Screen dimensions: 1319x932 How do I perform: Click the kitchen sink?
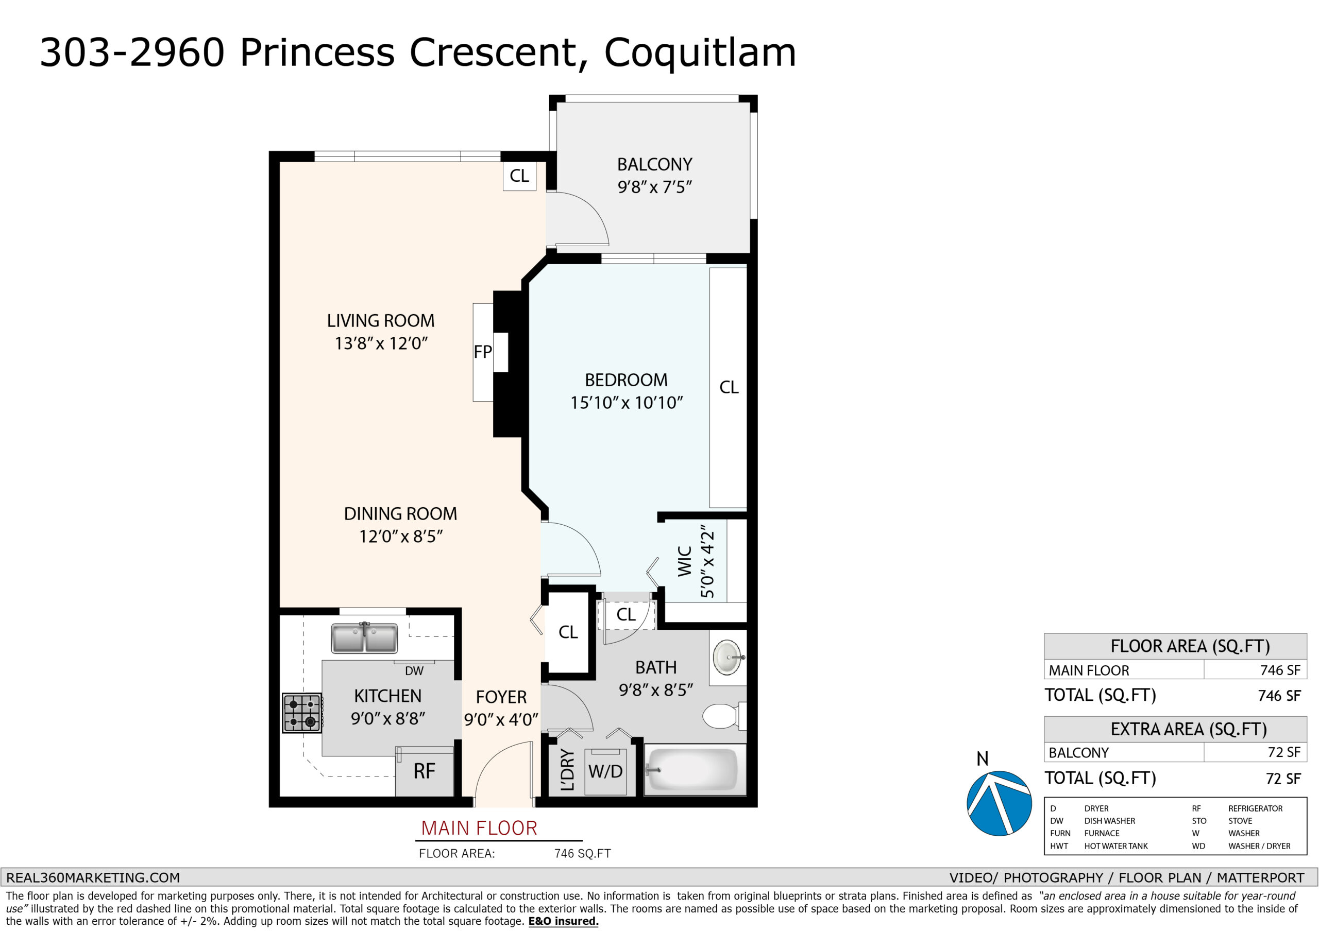coord(364,638)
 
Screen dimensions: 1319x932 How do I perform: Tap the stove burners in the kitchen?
coord(302,713)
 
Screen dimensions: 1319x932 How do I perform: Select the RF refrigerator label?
coord(425,771)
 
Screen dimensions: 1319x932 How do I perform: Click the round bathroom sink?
coord(729,657)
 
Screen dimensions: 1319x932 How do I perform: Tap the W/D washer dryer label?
coord(605,771)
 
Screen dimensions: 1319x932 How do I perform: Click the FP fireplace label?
coord(483,352)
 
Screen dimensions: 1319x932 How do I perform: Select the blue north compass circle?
coord(999,803)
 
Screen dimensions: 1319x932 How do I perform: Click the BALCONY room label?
coord(654,165)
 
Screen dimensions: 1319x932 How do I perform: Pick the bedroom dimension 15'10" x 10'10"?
coord(626,403)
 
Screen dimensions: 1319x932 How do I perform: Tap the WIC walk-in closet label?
coord(684,561)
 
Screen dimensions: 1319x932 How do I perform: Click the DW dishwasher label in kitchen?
coord(414,671)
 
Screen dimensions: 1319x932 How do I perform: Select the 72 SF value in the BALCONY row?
coord(1284,752)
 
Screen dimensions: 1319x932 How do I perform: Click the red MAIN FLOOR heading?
coord(479,828)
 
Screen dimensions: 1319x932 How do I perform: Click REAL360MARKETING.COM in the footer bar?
coord(93,878)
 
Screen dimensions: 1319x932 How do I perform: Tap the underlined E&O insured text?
coord(563,921)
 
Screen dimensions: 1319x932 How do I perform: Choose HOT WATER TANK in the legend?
coord(1115,846)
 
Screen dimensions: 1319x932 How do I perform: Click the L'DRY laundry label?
coord(567,770)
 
